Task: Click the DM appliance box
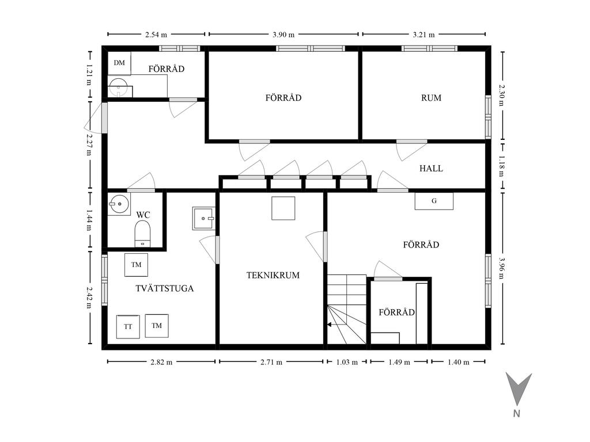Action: click(119, 63)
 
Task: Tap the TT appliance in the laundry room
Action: click(128, 327)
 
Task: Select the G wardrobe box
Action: click(434, 201)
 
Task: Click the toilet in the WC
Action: click(143, 234)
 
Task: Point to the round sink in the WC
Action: click(119, 204)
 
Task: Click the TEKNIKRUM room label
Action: click(273, 275)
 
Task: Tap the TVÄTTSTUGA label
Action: click(164, 288)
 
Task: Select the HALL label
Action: click(431, 169)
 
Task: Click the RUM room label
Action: click(431, 98)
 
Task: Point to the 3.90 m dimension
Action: click(283, 35)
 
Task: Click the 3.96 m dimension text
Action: click(502, 268)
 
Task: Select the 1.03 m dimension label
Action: click(347, 363)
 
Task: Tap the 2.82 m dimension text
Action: click(161, 363)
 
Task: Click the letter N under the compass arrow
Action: click(517, 413)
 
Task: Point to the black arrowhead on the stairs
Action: click(330, 325)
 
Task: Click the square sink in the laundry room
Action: click(203, 218)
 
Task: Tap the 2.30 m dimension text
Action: click(502, 95)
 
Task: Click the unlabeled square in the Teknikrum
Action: click(283, 208)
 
